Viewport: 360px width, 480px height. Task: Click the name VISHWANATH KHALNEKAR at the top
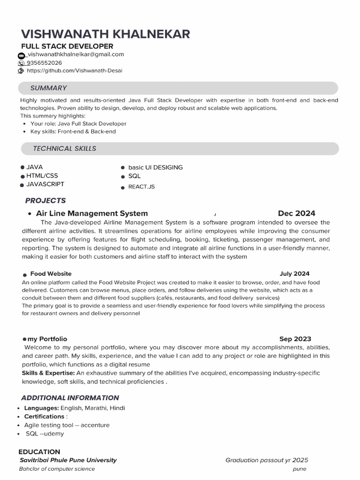tap(105, 34)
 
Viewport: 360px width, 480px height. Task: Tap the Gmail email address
tap(75, 54)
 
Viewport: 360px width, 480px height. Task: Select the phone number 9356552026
tap(44, 63)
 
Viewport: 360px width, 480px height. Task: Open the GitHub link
tap(75, 71)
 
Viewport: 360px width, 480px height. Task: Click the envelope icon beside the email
tap(21, 55)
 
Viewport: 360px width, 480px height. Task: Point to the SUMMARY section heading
tap(48, 88)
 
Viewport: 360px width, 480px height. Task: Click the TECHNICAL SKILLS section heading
tap(64, 149)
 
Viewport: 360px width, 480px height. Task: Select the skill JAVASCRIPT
tap(45, 184)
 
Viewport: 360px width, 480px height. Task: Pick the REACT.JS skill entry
tap(141, 187)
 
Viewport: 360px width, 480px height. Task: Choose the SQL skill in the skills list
tap(134, 176)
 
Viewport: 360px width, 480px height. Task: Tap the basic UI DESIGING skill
tap(155, 167)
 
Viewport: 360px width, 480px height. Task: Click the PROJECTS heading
tap(45, 201)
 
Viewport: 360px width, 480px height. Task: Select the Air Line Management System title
tap(92, 213)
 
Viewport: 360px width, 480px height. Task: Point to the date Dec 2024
tap(296, 213)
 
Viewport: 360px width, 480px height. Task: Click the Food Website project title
tap(51, 274)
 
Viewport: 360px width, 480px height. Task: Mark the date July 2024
tap(294, 274)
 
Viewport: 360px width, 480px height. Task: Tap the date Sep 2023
tap(295, 339)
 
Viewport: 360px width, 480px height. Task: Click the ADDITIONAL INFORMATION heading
tap(70, 398)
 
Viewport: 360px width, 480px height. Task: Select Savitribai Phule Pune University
tap(68, 460)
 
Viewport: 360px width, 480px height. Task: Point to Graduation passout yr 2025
tap(266, 460)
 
